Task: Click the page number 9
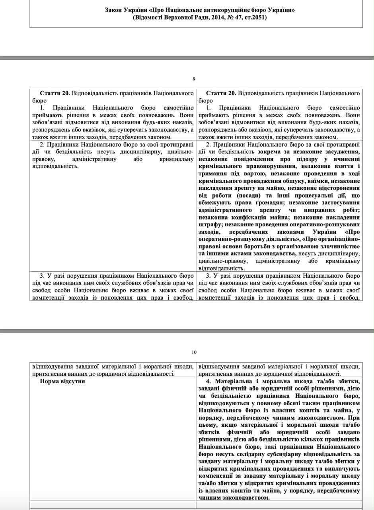coord(194,79)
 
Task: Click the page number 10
coord(194,352)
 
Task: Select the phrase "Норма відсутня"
coord(62,381)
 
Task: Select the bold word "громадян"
coord(282,202)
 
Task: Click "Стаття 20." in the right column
coord(221,93)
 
